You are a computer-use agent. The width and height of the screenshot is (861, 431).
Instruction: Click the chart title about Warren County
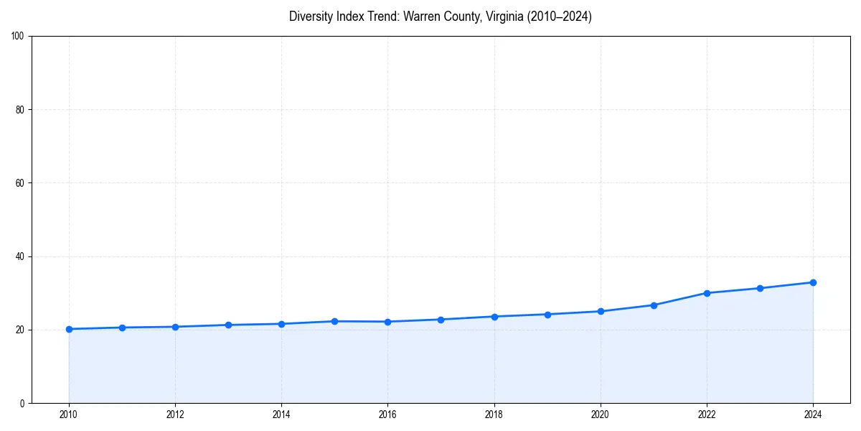(x=440, y=17)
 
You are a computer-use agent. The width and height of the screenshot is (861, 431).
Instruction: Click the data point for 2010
(x=69, y=329)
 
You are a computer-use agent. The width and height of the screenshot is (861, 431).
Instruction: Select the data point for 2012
(x=175, y=327)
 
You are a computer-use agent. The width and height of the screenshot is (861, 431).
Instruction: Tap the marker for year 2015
(x=334, y=321)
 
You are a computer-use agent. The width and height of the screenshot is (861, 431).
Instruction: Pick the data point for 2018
(x=494, y=317)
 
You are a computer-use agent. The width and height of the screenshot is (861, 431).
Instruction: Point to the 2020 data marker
(x=601, y=311)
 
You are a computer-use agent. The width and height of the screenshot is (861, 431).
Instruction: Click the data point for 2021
(x=654, y=305)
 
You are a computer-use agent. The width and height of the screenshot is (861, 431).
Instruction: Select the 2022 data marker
(x=707, y=293)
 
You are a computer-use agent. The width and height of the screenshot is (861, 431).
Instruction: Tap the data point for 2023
(x=760, y=288)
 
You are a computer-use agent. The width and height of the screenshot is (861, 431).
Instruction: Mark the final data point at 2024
(x=813, y=282)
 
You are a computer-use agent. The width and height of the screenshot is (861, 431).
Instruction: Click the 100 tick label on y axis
(x=19, y=36)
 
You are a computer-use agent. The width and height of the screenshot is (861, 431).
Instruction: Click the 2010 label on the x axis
(x=69, y=414)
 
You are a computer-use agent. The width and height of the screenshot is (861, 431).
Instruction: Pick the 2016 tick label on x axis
(x=387, y=414)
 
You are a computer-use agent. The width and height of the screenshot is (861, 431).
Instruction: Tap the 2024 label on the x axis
(x=813, y=414)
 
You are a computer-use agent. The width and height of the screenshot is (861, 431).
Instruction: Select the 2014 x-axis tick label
(x=281, y=414)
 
